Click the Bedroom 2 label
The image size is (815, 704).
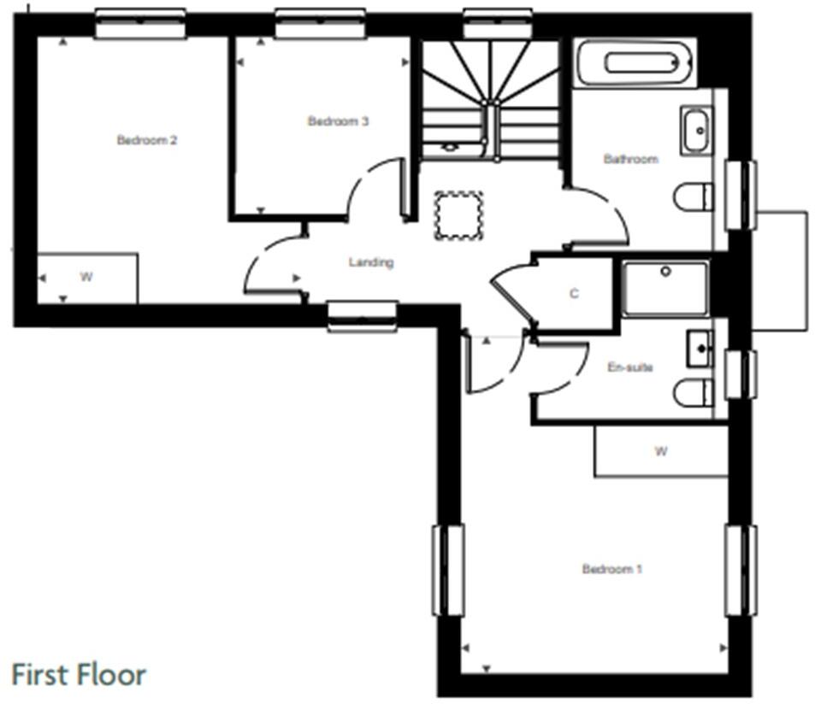(147, 140)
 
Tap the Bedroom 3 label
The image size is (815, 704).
(338, 122)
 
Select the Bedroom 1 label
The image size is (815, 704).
(611, 569)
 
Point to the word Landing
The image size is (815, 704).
(371, 262)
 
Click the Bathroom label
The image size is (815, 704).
(630, 159)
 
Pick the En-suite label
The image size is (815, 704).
(629, 367)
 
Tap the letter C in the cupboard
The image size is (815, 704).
(574, 294)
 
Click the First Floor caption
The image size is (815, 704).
(79, 674)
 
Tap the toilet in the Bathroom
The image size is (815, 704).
(694, 197)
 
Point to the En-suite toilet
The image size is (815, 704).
(694, 393)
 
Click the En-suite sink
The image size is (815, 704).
(699, 349)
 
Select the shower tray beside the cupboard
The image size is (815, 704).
(665, 289)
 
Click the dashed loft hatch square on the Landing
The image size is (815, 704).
(459, 215)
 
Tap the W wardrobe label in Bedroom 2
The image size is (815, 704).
(86, 277)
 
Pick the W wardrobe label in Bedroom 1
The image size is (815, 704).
(660, 451)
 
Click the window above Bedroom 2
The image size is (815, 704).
(139, 24)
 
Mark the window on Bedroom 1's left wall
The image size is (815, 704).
(448, 570)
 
